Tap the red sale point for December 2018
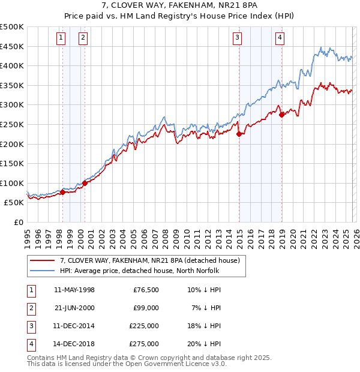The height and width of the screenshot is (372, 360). point(281,115)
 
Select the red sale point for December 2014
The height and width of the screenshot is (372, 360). point(239,134)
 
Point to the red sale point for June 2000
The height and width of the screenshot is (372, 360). point(85,183)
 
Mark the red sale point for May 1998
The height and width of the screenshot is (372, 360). point(62,192)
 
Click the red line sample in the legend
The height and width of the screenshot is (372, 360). point(42,260)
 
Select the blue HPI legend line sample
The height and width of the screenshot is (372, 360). point(42,271)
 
